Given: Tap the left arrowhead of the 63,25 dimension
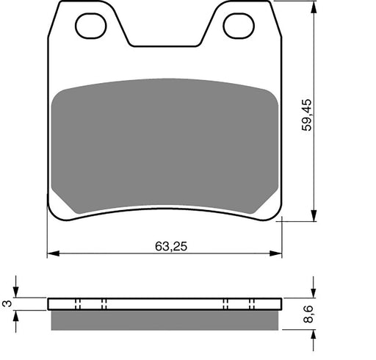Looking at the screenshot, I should tap(52, 254).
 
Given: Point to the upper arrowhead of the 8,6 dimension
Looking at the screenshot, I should tap(314, 293).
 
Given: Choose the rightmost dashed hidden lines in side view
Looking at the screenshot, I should tap(252, 304).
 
